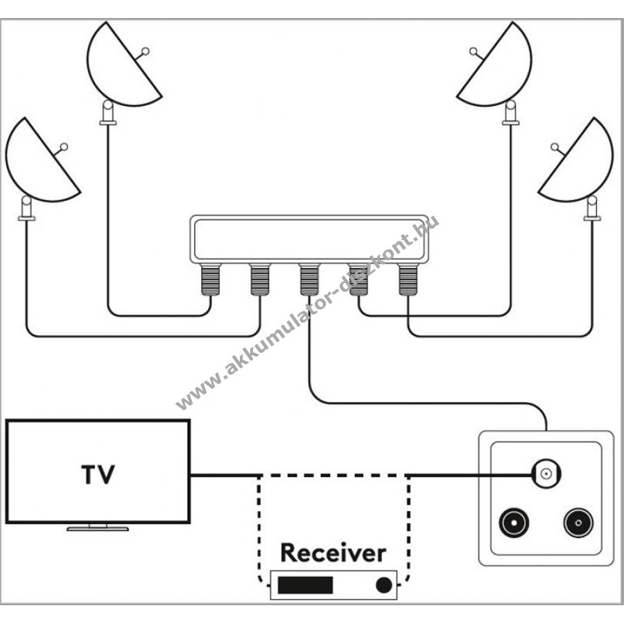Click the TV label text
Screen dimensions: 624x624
[x=98, y=476]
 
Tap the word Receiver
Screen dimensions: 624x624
[x=332, y=553]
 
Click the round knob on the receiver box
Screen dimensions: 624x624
[x=383, y=585]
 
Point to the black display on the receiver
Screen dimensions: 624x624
[x=305, y=585]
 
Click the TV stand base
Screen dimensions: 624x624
[x=98, y=528]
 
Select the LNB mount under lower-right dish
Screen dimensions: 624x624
[x=592, y=207]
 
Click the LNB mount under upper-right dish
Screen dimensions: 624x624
[x=511, y=113]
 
